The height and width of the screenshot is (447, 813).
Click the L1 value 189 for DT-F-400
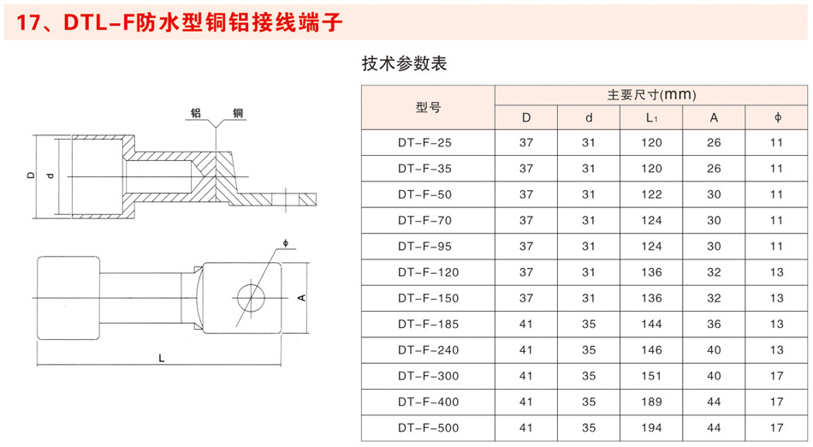(651, 402)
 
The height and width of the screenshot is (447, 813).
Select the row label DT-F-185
(428, 324)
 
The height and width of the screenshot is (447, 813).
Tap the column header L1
(652, 118)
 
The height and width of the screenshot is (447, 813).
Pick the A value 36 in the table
(714, 324)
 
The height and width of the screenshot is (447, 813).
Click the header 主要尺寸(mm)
(651, 95)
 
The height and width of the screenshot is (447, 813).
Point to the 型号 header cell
(428, 107)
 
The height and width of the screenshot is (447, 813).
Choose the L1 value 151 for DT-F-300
(651, 376)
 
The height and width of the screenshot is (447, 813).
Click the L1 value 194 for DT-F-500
(651, 428)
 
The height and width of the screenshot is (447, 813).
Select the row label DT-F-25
(424, 143)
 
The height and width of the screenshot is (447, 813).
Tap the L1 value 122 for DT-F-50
(651, 194)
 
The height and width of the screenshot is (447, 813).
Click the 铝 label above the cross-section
(196, 112)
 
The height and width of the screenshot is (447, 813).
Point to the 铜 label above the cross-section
(238, 112)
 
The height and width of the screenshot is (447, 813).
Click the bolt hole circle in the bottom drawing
(251, 298)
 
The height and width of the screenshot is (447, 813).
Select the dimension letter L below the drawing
(162, 358)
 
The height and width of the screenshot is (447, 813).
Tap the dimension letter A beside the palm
(302, 298)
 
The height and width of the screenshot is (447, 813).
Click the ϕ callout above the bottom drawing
(286, 242)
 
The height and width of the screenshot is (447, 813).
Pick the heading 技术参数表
(405, 63)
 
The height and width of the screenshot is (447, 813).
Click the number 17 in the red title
(27, 22)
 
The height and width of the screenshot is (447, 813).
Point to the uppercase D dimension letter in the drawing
(31, 176)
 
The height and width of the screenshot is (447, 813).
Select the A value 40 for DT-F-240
(714, 350)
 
